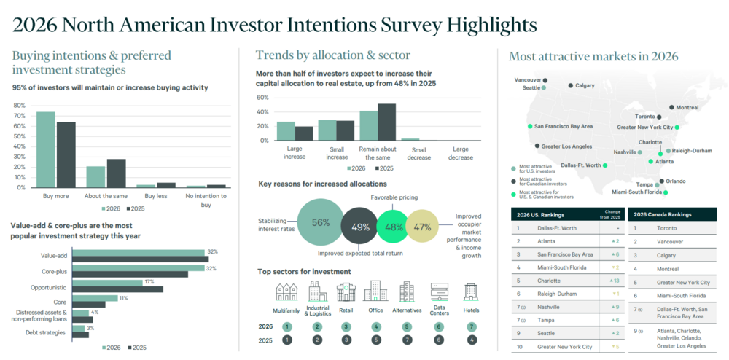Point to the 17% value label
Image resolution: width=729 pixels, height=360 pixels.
pos(149,281)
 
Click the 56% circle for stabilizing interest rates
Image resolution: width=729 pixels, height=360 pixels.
pos(320,222)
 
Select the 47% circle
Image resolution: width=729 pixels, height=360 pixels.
pos(421,227)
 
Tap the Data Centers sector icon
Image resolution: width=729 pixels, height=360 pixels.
pos(439,291)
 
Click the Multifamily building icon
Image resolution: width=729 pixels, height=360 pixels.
pos(286,292)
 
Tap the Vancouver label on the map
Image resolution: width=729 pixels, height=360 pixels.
pos(528,79)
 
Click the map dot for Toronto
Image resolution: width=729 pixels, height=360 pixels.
pos(659,117)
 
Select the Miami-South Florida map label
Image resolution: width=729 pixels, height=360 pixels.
pos(636,192)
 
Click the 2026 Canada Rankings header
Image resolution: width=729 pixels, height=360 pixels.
pos(662,215)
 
